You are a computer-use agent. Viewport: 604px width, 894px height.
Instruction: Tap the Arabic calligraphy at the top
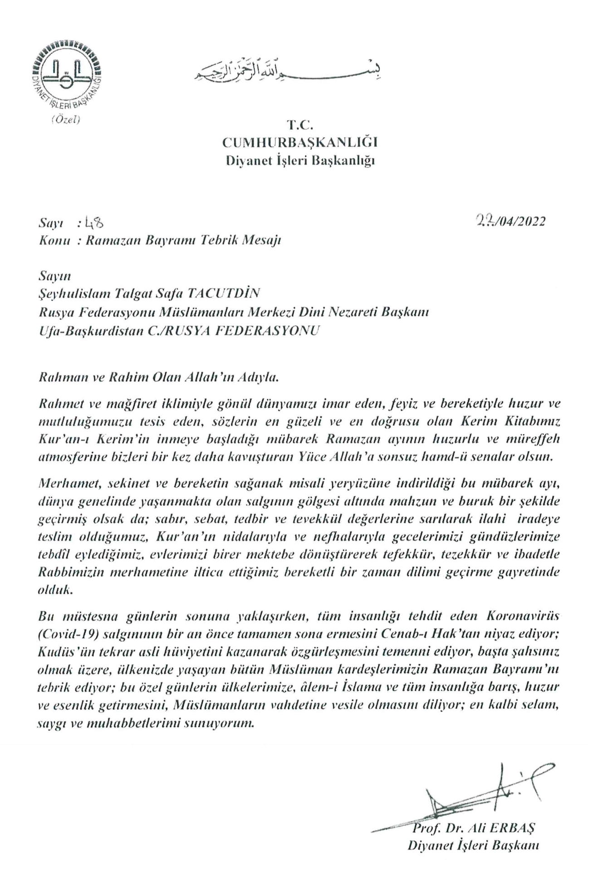[x=287, y=70]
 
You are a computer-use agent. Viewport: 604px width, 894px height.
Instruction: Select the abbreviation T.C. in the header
[x=300, y=125]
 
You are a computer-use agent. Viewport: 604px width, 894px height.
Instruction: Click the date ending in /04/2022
[x=509, y=222]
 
